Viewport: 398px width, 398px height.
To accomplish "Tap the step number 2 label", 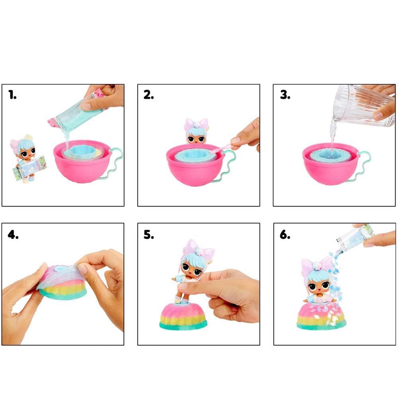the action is point(149,95).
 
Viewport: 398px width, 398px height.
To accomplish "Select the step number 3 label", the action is point(285,95).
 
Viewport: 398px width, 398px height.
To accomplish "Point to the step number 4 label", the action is point(13,235).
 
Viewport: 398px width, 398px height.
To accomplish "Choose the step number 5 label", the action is point(149,235).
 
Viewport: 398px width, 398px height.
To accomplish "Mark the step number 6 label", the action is point(285,235).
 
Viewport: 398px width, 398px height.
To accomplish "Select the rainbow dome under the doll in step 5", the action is point(183,316).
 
